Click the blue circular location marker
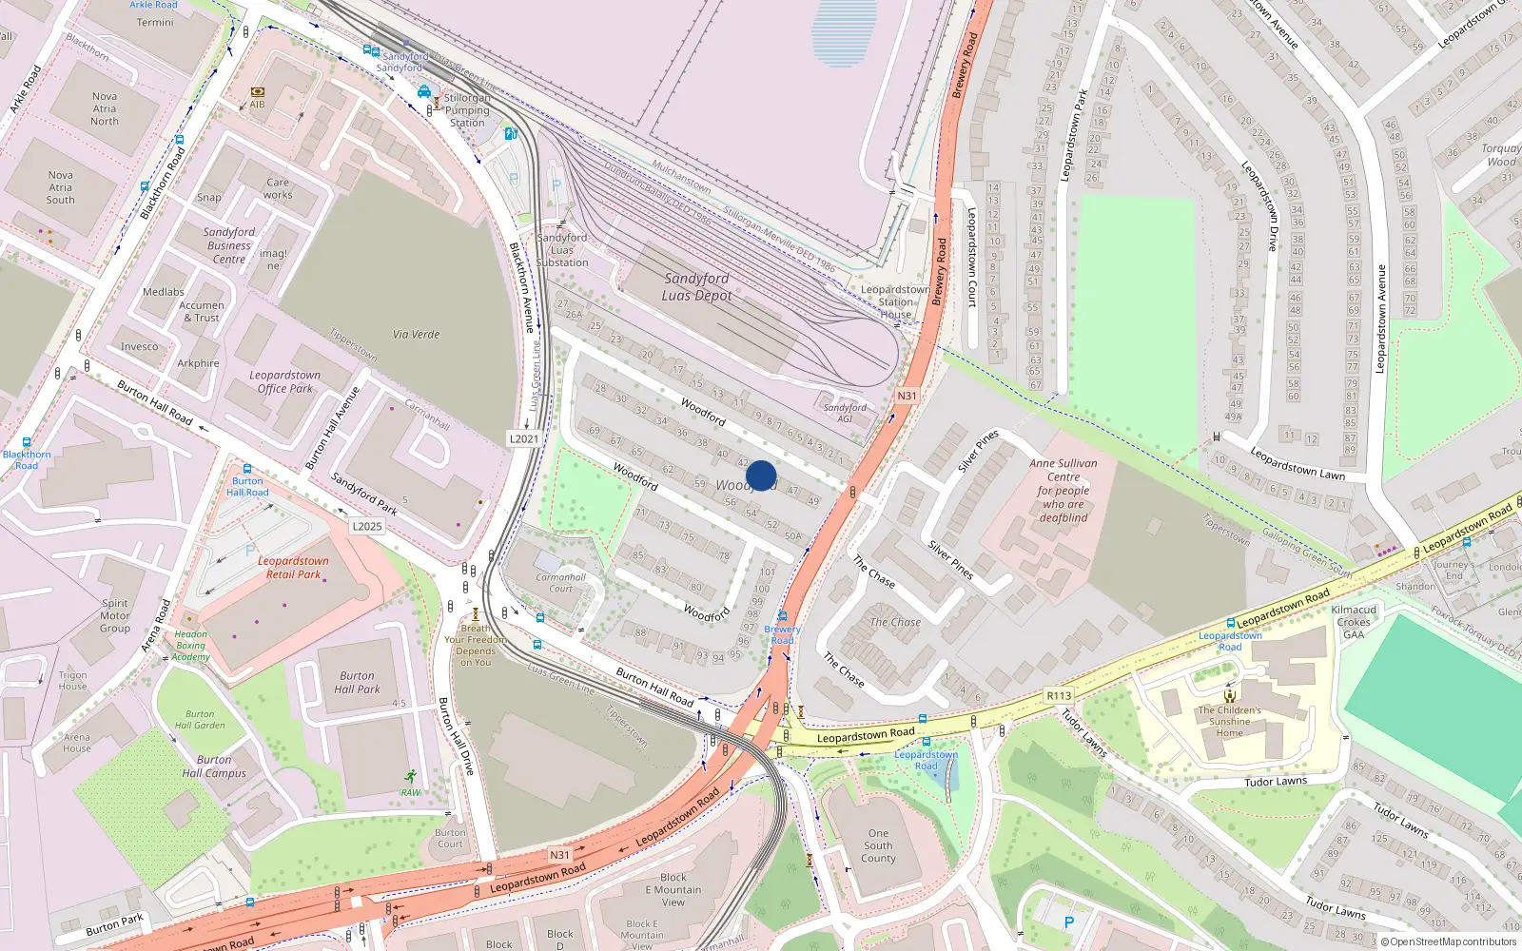pyautogui.click(x=761, y=475)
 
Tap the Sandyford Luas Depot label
pyautogui.click(x=696, y=286)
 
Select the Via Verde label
pyautogui.click(x=416, y=335)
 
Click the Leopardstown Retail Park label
pyautogui.click(x=293, y=568)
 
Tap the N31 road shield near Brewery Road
pyautogui.click(x=907, y=396)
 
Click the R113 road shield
pyautogui.click(x=1059, y=696)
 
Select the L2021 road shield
pyautogui.click(x=523, y=438)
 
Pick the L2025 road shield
pyautogui.click(x=367, y=526)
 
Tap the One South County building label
pyautogui.click(x=878, y=845)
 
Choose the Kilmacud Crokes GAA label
pyautogui.click(x=1354, y=622)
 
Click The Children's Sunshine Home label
pyautogui.click(x=1229, y=721)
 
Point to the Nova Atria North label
pyautogui.click(x=105, y=108)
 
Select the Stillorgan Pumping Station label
pyautogui.click(x=467, y=110)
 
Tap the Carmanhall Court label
pyautogui.click(x=560, y=583)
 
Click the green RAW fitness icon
pyautogui.click(x=410, y=777)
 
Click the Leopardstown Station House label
pyautogui.click(x=895, y=301)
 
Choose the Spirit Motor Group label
pyautogui.click(x=115, y=615)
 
